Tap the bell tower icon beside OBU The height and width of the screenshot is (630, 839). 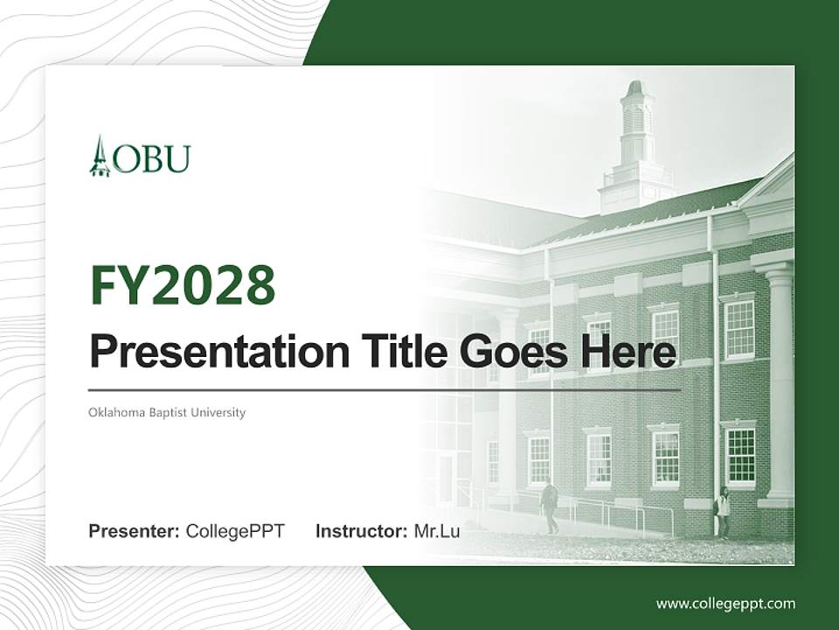(100, 157)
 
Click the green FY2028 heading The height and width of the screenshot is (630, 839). (183, 285)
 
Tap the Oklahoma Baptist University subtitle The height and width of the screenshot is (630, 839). (167, 412)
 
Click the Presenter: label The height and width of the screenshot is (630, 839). (134, 531)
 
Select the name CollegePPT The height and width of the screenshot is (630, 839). (235, 531)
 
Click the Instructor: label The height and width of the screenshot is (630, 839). (361, 531)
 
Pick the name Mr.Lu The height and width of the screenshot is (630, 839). (437, 531)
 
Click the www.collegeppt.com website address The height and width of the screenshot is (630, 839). (725, 604)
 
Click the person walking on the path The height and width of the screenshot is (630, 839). (550, 506)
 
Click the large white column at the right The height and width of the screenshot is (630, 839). (779, 385)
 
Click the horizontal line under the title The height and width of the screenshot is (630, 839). (385, 389)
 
